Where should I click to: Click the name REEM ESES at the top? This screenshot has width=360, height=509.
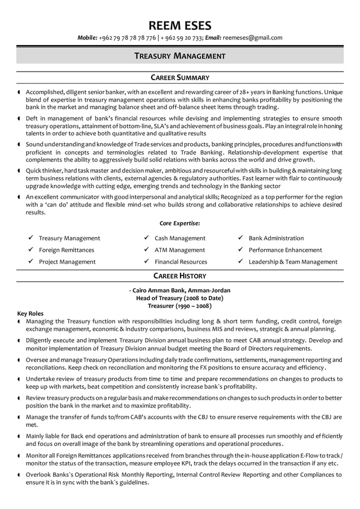click(x=179, y=25)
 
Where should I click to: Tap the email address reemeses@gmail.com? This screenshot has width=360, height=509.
click(x=252, y=38)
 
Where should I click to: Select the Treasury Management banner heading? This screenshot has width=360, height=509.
click(x=179, y=56)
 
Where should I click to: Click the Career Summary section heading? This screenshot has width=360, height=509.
click(x=179, y=77)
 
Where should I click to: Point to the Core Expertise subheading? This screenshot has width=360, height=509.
click(x=179, y=223)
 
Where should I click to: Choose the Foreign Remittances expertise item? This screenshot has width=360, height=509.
click(x=67, y=250)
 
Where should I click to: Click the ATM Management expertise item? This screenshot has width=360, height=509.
click(x=179, y=250)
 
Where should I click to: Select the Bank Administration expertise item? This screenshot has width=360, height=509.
click(x=276, y=238)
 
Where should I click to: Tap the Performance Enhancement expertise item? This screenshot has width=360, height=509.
click(x=285, y=250)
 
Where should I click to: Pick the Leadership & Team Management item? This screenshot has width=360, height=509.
click(x=293, y=262)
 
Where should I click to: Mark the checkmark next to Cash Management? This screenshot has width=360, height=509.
click(x=146, y=238)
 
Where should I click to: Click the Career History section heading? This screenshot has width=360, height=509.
click(x=179, y=276)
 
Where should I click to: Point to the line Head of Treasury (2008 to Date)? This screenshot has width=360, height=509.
click(x=179, y=298)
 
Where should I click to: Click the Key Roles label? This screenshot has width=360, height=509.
click(x=30, y=313)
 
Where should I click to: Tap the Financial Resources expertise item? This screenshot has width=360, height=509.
click(x=181, y=262)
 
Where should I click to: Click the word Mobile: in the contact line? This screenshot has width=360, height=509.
click(x=87, y=38)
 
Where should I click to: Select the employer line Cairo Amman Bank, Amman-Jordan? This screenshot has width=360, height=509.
click(x=181, y=290)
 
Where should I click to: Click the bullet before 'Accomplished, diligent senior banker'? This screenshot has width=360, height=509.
click(x=19, y=92)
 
